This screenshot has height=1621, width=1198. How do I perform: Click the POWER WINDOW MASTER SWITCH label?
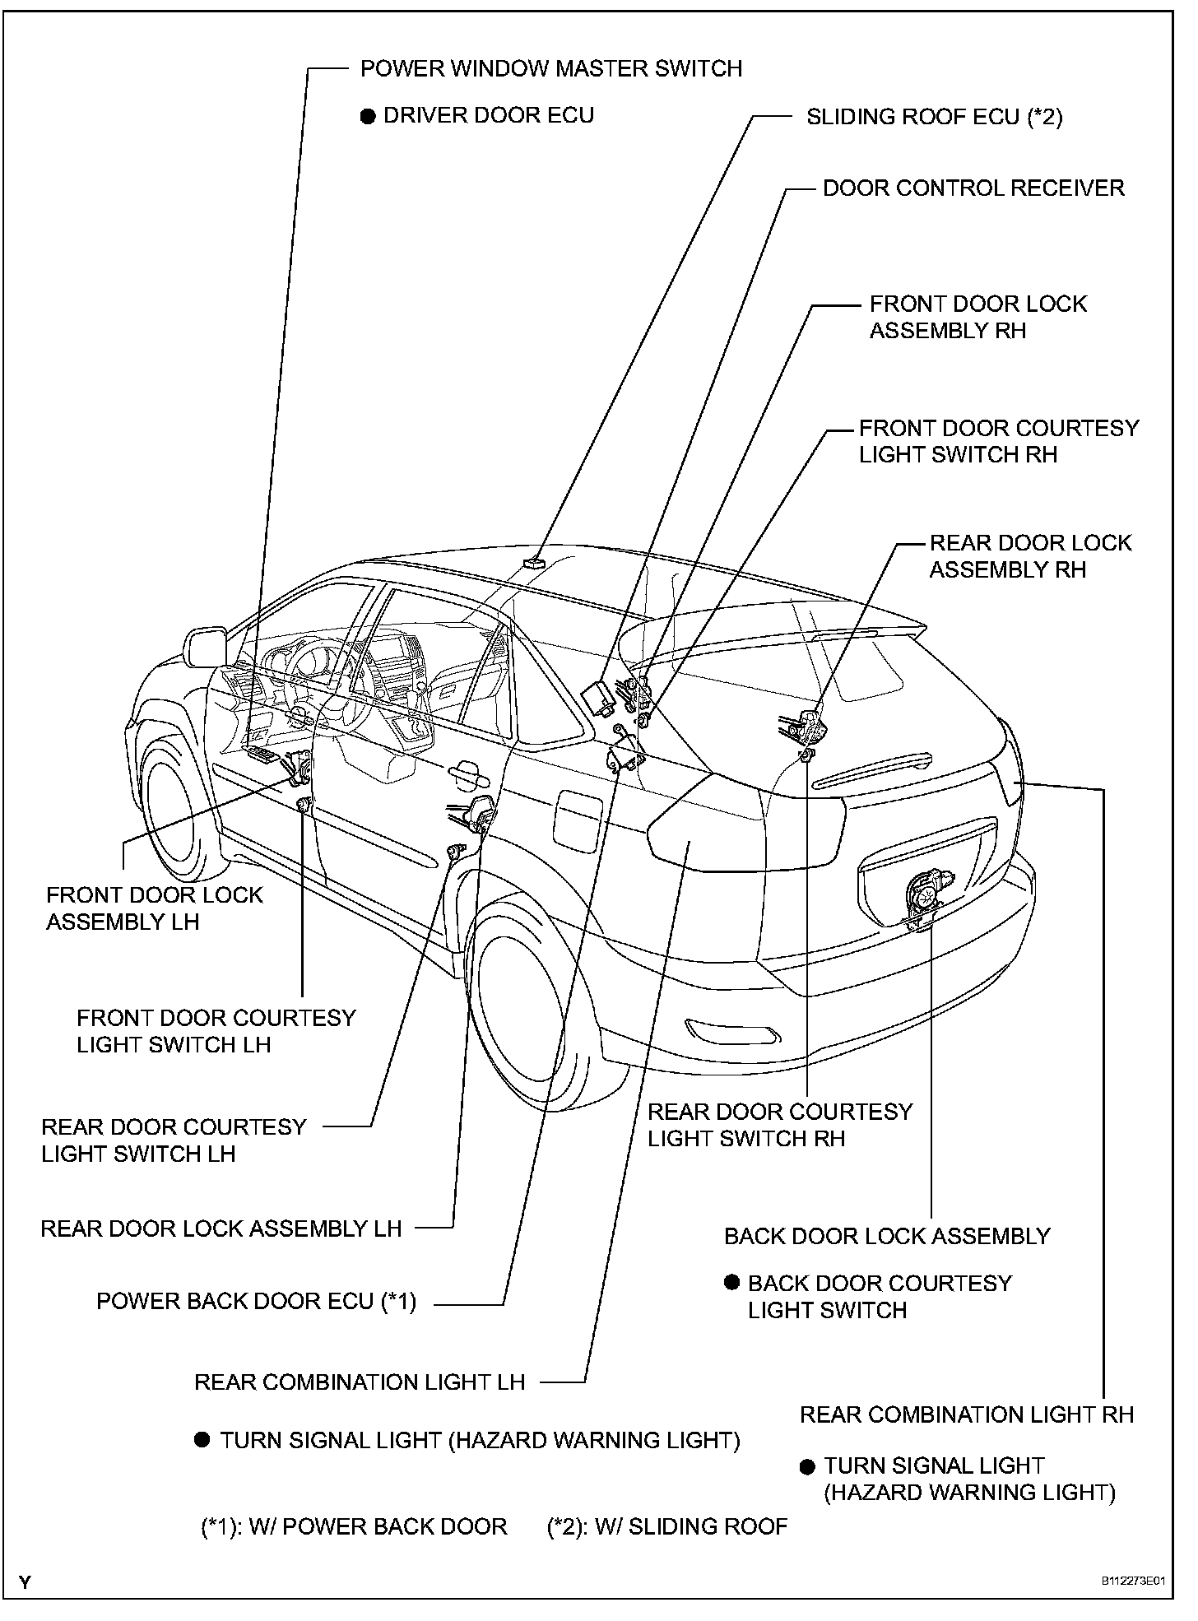coord(551,68)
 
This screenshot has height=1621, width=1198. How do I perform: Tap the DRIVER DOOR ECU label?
coord(489,115)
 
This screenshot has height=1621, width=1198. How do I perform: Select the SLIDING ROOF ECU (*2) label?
coord(934,117)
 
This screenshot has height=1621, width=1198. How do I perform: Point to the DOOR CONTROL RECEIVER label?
coord(973,188)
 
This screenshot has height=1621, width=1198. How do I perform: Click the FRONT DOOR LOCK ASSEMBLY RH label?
coord(977,318)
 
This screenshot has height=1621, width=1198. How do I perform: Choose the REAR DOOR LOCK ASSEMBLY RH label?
coord(1030,556)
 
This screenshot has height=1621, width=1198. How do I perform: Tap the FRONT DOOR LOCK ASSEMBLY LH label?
coord(154,908)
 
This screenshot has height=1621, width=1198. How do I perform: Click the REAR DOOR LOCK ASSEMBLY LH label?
coord(221,1229)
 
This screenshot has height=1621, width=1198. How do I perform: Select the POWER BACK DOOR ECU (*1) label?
coord(257,1302)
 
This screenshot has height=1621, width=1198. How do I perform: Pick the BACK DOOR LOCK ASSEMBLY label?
coord(887,1237)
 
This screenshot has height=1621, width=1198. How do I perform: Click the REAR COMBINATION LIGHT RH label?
coord(967,1415)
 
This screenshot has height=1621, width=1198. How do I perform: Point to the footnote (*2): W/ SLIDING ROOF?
coord(667,1527)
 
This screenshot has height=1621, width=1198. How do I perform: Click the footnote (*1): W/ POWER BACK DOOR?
coord(354,1527)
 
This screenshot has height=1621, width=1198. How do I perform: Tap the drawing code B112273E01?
coord(1135,1582)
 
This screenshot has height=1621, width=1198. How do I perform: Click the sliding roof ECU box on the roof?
coord(534,562)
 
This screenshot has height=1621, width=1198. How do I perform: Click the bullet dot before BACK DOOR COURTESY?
coord(731,1282)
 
